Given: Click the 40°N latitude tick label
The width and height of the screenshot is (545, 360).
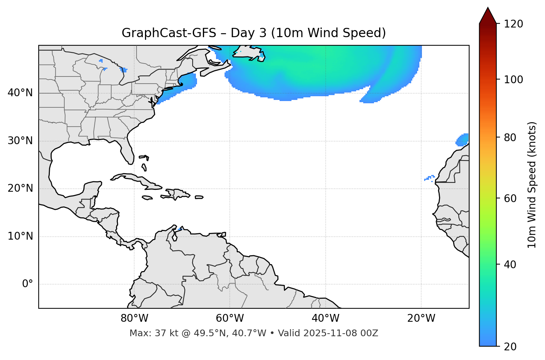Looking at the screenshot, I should (x=20, y=93).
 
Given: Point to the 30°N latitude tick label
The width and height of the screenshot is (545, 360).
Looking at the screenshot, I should (x=20, y=141).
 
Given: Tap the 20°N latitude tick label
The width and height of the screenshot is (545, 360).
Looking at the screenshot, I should (x=20, y=188).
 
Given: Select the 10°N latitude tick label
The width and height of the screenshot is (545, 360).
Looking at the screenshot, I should (x=20, y=236).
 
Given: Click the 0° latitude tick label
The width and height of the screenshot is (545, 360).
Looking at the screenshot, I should (x=28, y=284).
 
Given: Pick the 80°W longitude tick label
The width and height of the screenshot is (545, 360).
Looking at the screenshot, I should (x=134, y=318).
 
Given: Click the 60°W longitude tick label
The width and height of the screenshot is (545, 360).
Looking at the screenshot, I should (x=230, y=318).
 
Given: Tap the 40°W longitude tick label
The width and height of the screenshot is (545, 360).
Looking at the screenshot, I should (x=325, y=318).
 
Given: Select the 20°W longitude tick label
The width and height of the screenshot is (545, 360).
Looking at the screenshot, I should (x=421, y=318).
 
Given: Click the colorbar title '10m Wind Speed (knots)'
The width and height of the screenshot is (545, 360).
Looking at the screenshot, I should (x=532, y=185).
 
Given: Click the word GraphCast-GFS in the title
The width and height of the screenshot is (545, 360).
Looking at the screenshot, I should (x=169, y=33).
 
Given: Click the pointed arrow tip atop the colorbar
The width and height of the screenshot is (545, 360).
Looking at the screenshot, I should (x=488, y=9).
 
